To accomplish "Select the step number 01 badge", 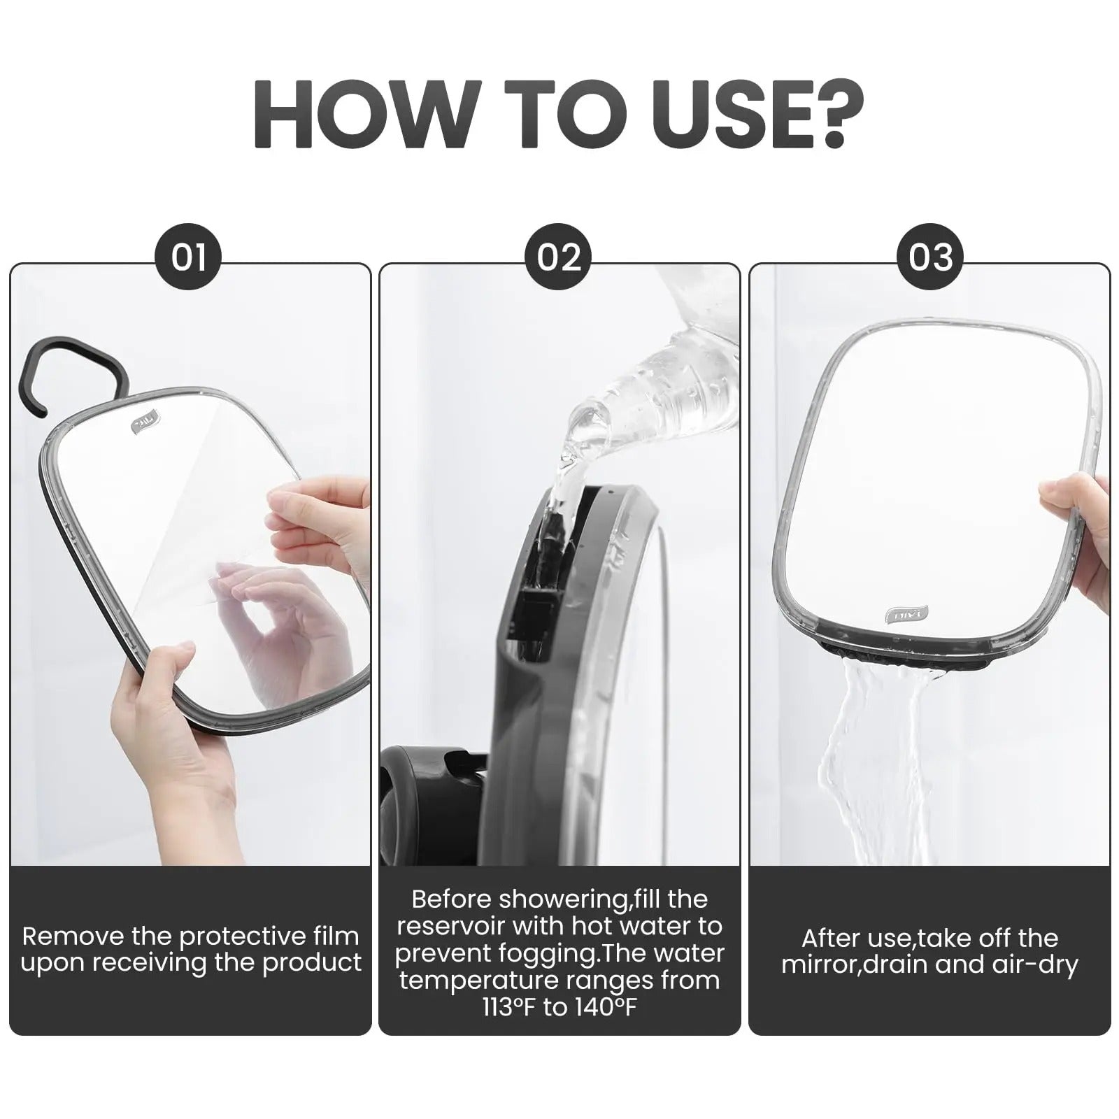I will point(188,257).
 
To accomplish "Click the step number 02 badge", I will point(558,257).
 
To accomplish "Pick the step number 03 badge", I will point(930,257).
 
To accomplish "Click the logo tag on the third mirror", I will point(907,615).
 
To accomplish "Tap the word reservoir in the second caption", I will point(450,926).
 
